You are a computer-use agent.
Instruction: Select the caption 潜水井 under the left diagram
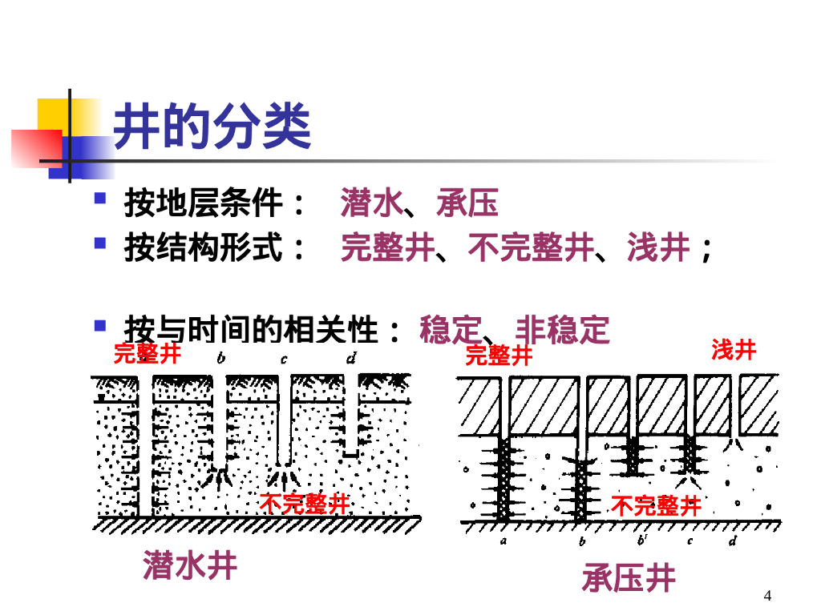(191, 565)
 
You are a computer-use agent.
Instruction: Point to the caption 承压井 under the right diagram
(629, 577)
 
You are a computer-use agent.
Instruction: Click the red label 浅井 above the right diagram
(734, 350)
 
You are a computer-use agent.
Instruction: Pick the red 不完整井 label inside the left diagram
(305, 504)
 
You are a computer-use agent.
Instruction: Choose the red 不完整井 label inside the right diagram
(656, 505)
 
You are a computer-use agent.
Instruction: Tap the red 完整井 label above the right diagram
(499, 355)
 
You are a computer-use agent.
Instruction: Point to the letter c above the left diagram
(284, 360)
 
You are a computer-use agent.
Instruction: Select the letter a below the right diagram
(503, 542)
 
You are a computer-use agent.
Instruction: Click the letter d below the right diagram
(732, 542)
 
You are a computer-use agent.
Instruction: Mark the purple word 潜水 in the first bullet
(370, 203)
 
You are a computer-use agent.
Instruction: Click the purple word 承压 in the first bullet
(467, 203)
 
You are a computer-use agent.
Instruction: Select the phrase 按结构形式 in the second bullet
(204, 248)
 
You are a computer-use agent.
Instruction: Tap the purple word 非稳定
(562, 329)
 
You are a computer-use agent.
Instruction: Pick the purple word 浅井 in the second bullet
(658, 248)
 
